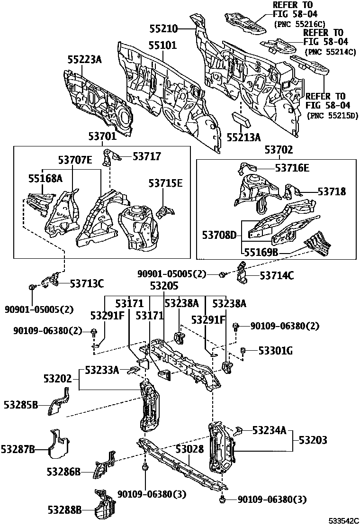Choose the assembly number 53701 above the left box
pyautogui.click(x=102, y=137)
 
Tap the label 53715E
pyautogui.click(x=165, y=183)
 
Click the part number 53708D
pyautogui.click(x=219, y=235)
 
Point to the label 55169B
pyautogui.click(x=261, y=253)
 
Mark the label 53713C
pyautogui.click(x=87, y=283)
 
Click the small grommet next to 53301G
pyautogui.click(x=243, y=351)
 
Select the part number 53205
pyautogui.click(x=164, y=286)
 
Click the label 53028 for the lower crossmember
pyautogui.click(x=189, y=448)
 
